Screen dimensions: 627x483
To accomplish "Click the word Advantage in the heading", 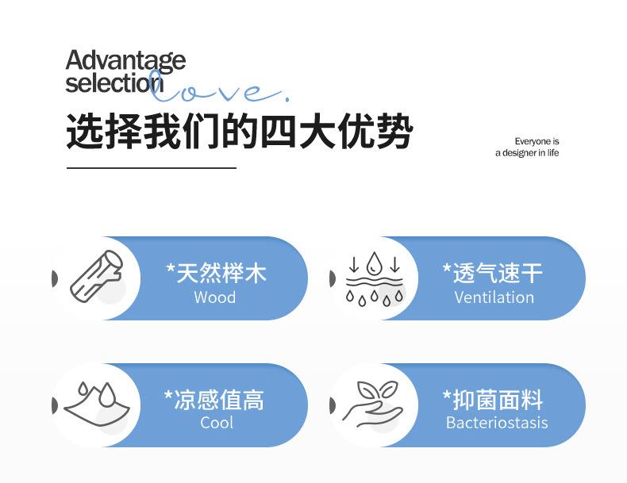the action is click(x=125, y=62).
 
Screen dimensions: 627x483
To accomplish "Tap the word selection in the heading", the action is click(x=114, y=83).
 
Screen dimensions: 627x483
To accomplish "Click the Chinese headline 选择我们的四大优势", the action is click(x=239, y=131).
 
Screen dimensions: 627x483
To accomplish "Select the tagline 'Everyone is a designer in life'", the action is click(x=527, y=147).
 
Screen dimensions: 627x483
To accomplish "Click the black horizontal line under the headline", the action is click(x=152, y=168).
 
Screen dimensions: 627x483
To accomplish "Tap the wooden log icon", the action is click(x=96, y=275).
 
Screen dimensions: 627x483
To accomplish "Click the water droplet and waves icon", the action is click(x=375, y=278).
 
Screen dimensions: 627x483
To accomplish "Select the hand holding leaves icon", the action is click(x=373, y=403).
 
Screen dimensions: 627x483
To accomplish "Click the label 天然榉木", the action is click(x=216, y=274).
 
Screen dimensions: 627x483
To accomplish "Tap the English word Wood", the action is click(x=215, y=297).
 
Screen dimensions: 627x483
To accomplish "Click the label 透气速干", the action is click(x=493, y=274).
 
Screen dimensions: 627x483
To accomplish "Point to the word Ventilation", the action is click(x=494, y=297).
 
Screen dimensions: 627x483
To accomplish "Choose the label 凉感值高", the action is click(x=214, y=400).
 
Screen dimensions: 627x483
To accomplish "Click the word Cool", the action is click(x=217, y=423).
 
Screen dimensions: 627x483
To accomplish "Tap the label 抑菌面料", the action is click(x=493, y=400).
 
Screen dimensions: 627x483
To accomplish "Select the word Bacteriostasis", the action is click(x=497, y=423).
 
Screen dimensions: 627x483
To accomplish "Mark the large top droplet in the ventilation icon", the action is click(x=374, y=263).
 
